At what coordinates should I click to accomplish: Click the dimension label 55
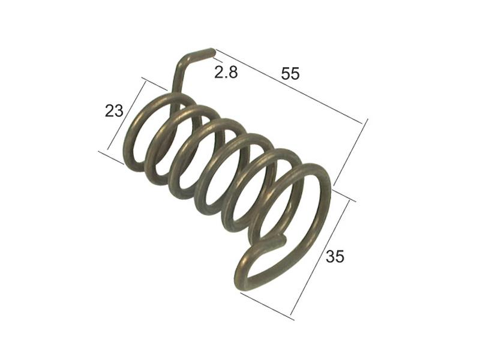[x=290, y=74]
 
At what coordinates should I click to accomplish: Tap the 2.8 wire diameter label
[x=226, y=73]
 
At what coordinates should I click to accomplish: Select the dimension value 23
[x=114, y=110]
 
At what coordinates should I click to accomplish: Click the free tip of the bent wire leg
[x=211, y=52]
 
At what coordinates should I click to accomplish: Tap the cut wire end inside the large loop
[x=283, y=241]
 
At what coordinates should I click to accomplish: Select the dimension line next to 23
[x=127, y=115]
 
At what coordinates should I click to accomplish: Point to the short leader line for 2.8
[x=217, y=59]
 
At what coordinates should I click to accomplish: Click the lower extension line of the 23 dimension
[x=111, y=157]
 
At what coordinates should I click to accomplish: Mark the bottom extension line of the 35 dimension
[x=266, y=305]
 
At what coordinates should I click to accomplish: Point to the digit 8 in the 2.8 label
[x=233, y=73]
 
